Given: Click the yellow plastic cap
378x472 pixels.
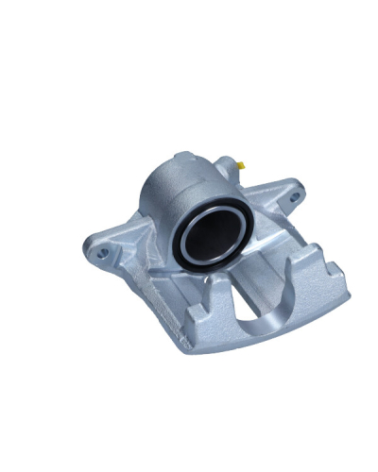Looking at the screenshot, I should tap(243, 166).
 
